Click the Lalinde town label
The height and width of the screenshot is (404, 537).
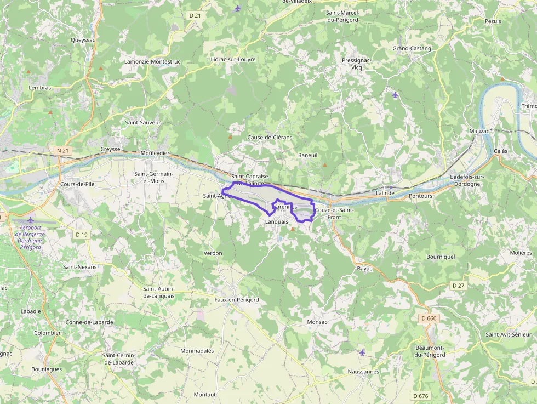[386, 194]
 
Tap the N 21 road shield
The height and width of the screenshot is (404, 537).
[62, 150]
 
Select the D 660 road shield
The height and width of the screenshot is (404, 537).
[430, 318]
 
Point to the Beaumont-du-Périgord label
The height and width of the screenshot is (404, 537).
[430, 351]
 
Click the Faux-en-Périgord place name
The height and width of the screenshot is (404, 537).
[237, 300]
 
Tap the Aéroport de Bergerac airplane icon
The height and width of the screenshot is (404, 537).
[31, 220]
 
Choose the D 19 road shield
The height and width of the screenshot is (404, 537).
[82, 235]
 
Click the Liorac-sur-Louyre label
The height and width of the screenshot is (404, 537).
[236, 59]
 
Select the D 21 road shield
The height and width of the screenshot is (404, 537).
[195, 16]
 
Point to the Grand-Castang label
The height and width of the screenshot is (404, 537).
[412, 48]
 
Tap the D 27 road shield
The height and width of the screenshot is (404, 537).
[458, 286]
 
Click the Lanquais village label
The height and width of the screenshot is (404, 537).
[276, 222]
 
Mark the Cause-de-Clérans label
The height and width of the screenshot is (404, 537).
[270, 137]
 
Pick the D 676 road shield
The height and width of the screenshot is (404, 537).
[421, 396]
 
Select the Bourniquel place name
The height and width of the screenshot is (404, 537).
[441, 257]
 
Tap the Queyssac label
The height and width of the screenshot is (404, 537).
[83, 39]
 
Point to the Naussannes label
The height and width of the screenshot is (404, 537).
[363, 372]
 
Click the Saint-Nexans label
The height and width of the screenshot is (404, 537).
[79, 267]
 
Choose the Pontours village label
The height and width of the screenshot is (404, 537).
[421, 196]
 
